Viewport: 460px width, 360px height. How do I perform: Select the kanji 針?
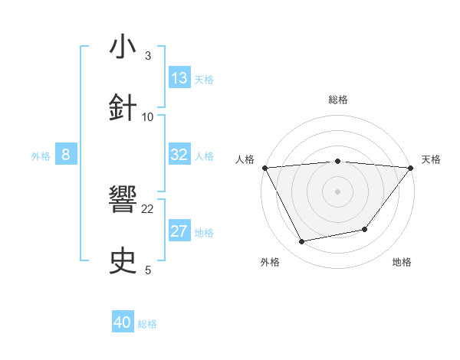123,108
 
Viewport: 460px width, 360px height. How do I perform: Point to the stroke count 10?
148,116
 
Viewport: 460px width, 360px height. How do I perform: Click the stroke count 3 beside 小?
148,56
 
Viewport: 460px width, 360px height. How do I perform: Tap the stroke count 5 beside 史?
148,270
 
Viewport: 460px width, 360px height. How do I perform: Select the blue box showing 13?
179,78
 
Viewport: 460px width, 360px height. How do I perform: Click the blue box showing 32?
179,155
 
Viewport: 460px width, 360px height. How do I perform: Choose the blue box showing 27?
179,232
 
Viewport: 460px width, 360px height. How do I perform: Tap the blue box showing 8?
66,155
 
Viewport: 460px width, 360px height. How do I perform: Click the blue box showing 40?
123,322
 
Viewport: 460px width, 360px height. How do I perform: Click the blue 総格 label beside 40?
147,324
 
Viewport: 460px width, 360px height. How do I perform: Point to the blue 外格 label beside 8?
41,156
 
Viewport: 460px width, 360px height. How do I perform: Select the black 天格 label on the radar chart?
431,159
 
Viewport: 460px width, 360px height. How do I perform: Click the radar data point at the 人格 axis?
264,167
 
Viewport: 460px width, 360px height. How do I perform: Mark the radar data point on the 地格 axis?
365,229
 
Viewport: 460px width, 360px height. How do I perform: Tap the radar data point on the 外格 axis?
302,242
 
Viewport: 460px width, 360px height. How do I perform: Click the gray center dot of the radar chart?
337,191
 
